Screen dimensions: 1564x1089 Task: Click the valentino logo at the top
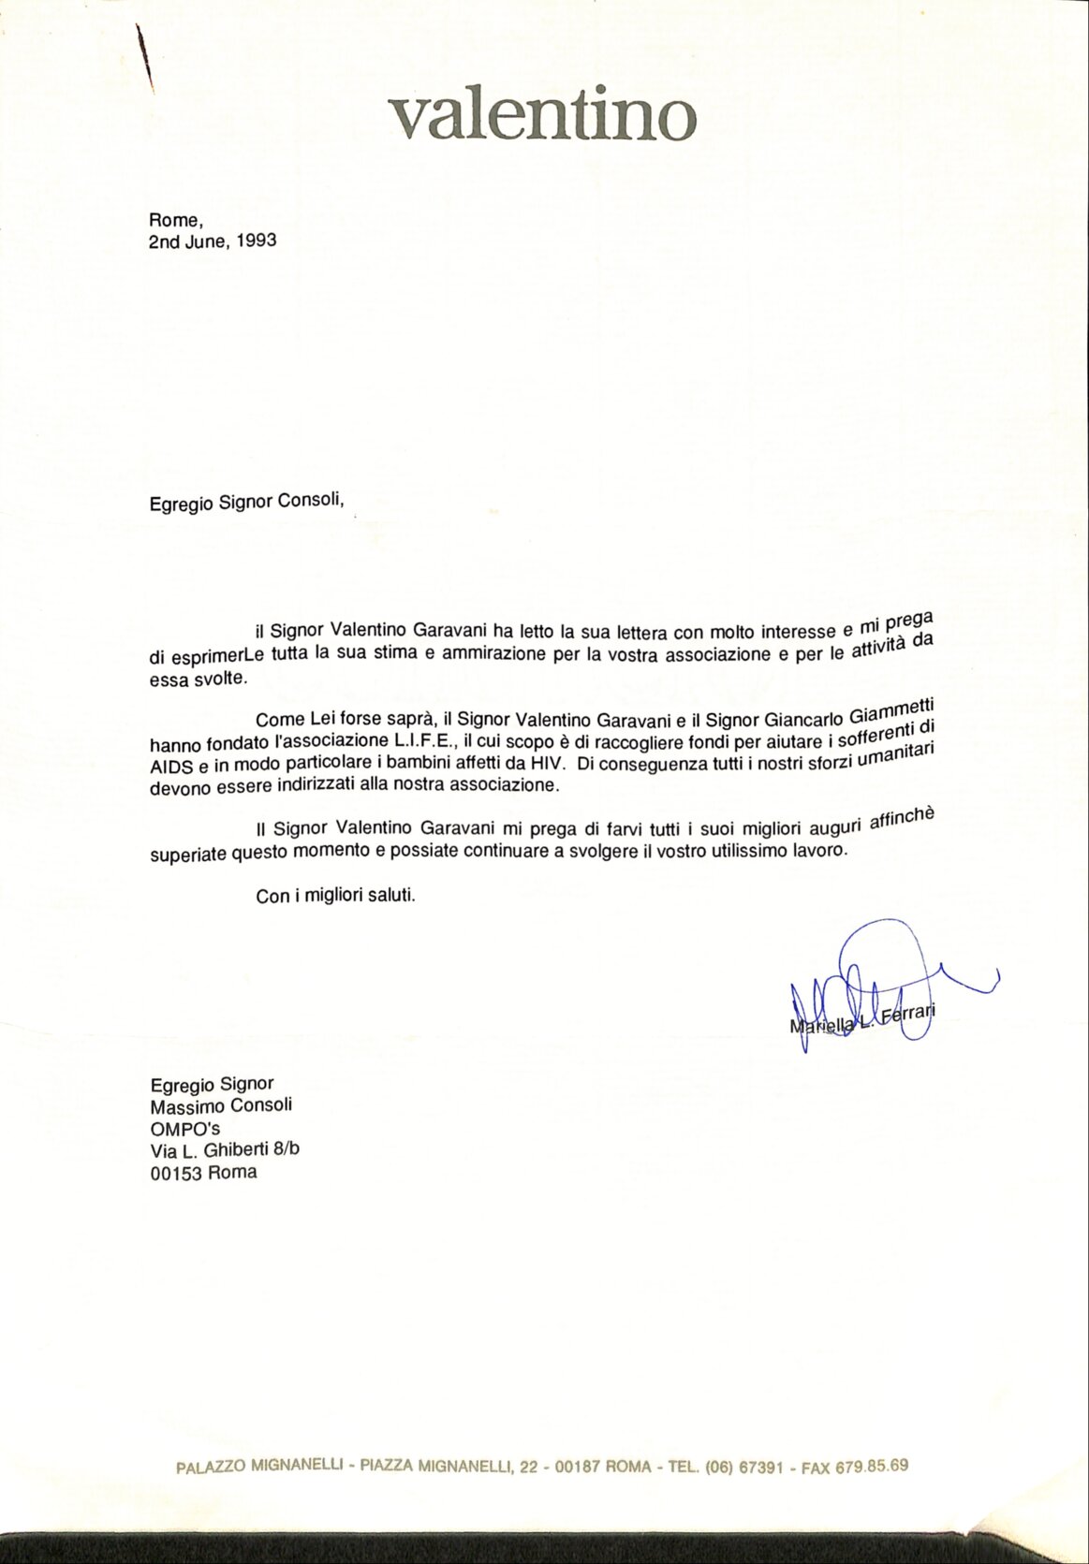click(x=543, y=115)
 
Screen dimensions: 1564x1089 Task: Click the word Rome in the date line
click(x=174, y=221)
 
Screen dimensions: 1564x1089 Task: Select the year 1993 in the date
click(x=257, y=240)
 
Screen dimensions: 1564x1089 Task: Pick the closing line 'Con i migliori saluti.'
click(x=335, y=895)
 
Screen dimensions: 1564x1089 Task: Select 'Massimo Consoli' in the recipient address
click(x=221, y=1105)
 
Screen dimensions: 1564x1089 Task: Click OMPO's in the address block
click(x=185, y=1128)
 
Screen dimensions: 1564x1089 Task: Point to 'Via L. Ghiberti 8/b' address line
click(x=225, y=1150)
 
